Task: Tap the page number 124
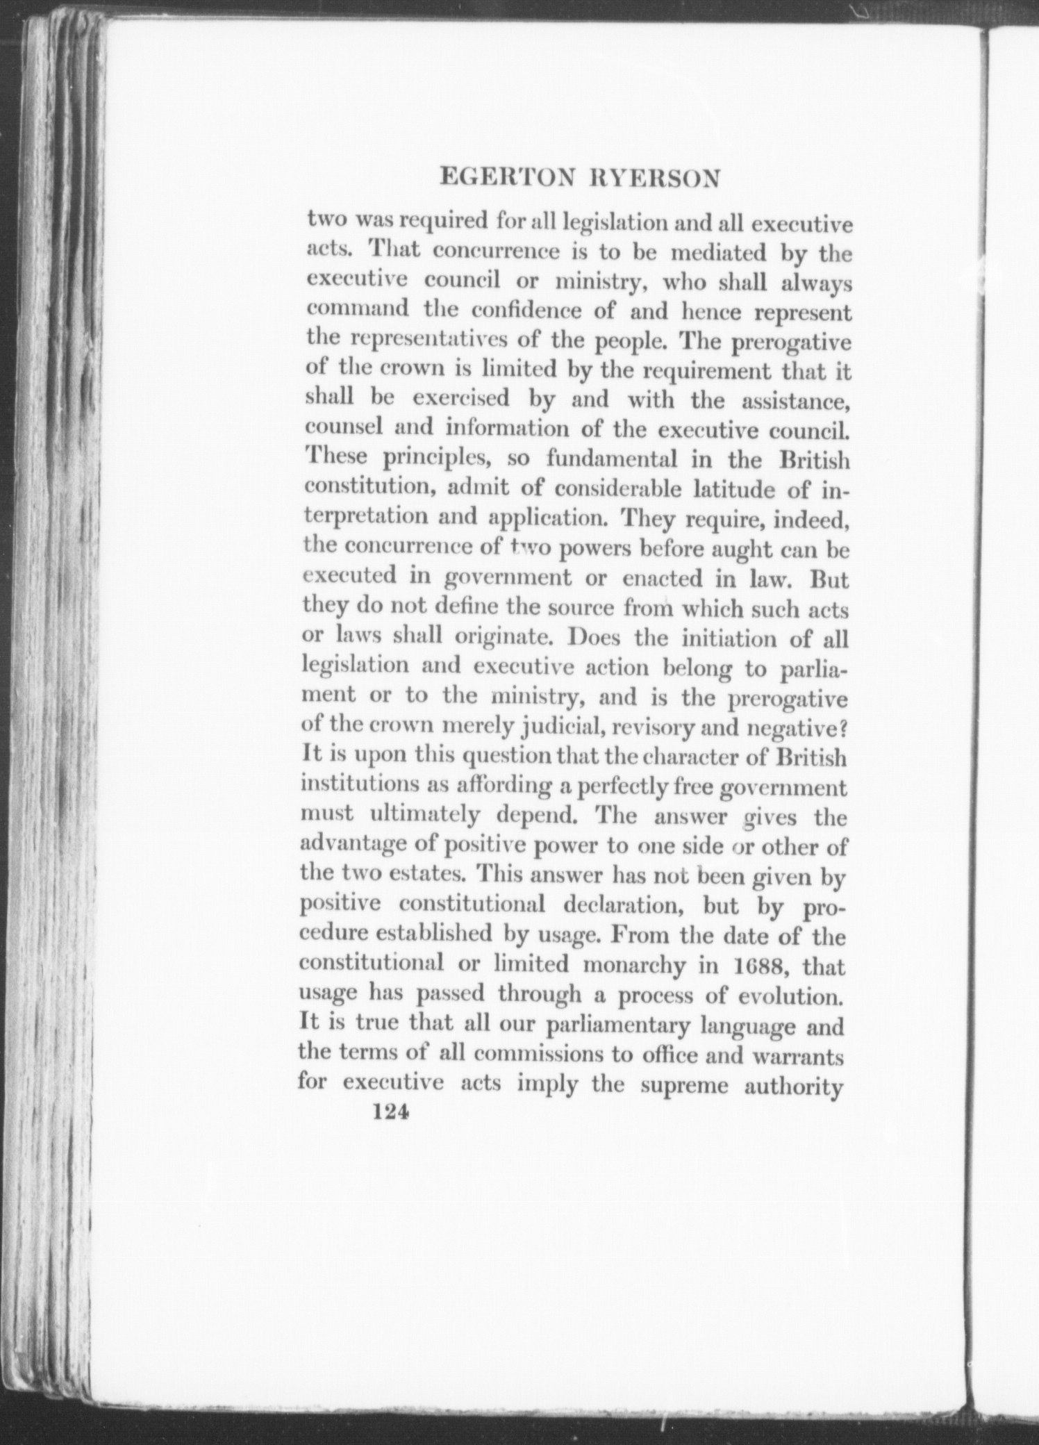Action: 389,1132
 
